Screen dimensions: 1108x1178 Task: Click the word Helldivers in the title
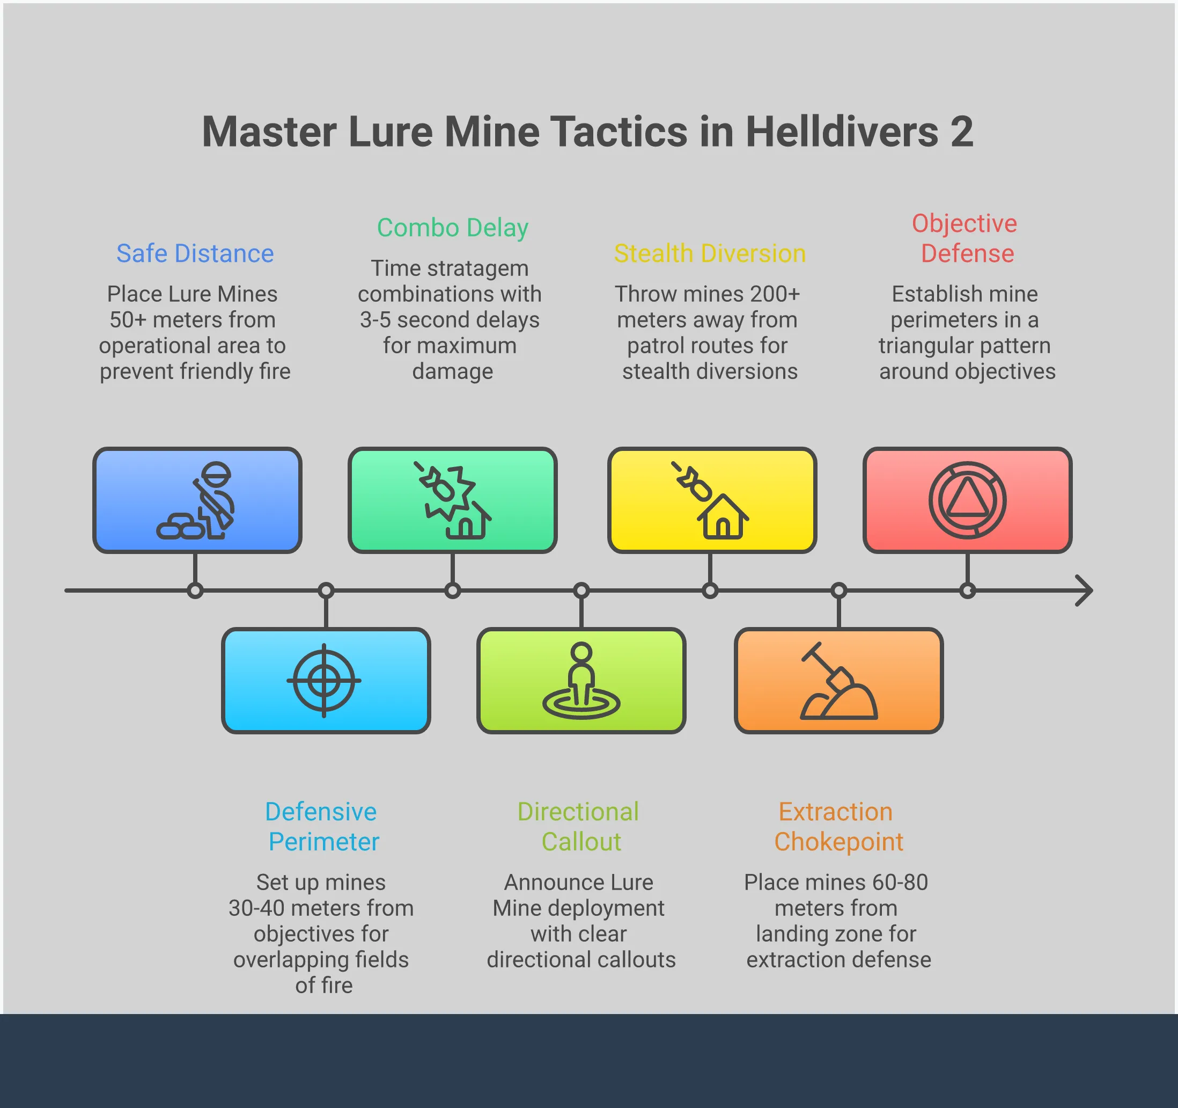(x=842, y=132)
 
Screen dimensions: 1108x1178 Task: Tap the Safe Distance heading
(x=195, y=254)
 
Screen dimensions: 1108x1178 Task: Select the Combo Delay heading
(x=453, y=228)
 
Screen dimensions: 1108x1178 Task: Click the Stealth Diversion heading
(x=710, y=254)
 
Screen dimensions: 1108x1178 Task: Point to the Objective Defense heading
(x=967, y=238)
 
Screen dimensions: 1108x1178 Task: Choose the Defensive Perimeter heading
(x=323, y=826)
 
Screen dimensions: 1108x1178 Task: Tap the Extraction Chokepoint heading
(x=838, y=826)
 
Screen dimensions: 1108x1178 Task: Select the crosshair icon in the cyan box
(x=324, y=681)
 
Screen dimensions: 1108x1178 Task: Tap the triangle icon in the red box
(x=967, y=500)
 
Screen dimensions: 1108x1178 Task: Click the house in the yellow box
(x=723, y=518)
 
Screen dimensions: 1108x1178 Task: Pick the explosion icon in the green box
(x=447, y=492)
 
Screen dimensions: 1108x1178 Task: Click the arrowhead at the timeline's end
(x=1086, y=591)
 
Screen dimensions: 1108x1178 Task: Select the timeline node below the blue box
(x=195, y=591)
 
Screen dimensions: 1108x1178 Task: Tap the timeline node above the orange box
(x=838, y=591)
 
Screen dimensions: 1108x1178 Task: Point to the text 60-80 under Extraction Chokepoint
(x=900, y=882)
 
